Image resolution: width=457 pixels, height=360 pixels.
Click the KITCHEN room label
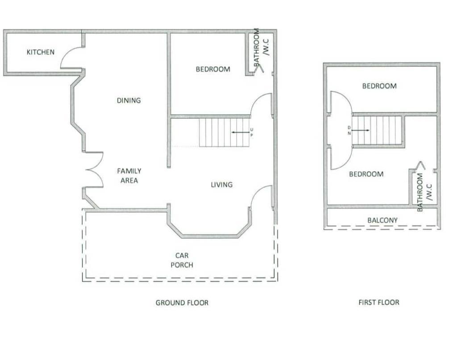click(x=41, y=52)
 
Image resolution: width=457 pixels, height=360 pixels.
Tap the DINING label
click(x=129, y=100)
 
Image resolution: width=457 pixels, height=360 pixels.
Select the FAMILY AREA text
click(x=129, y=176)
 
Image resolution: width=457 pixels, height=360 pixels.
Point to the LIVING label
click(x=222, y=185)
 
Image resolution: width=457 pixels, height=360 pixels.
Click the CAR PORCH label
click(x=182, y=260)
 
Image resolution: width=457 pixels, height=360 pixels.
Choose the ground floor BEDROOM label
click(x=213, y=69)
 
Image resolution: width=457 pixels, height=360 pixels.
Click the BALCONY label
click(x=382, y=220)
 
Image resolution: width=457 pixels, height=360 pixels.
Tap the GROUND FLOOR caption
click(x=182, y=303)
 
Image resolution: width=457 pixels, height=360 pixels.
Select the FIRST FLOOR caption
click(x=379, y=302)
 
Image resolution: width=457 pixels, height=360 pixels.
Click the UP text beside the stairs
click(x=252, y=132)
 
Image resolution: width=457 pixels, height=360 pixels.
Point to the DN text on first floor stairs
click(x=349, y=131)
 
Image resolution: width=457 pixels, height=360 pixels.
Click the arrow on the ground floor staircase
click(x=241, y=132)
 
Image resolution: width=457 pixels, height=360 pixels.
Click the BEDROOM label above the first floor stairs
click(x=379, y=86)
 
